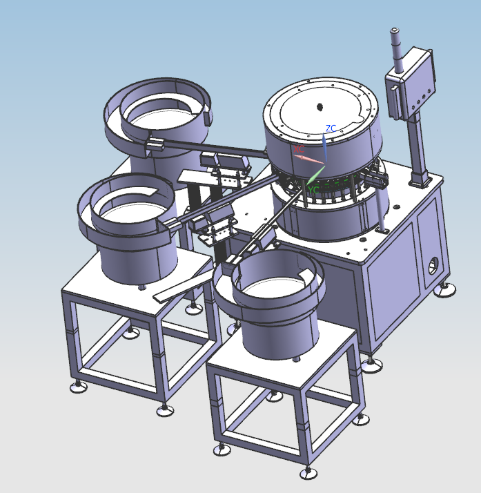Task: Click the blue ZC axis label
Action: click(x=331, y=128)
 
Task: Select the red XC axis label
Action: click(x=298, y=148)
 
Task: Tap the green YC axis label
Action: click(x=313, y=188)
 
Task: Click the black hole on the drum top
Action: click(x=320, y=106)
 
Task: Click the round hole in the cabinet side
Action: click(x=433, y=266)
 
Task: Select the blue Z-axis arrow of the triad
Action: click(x=324, y=146)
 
